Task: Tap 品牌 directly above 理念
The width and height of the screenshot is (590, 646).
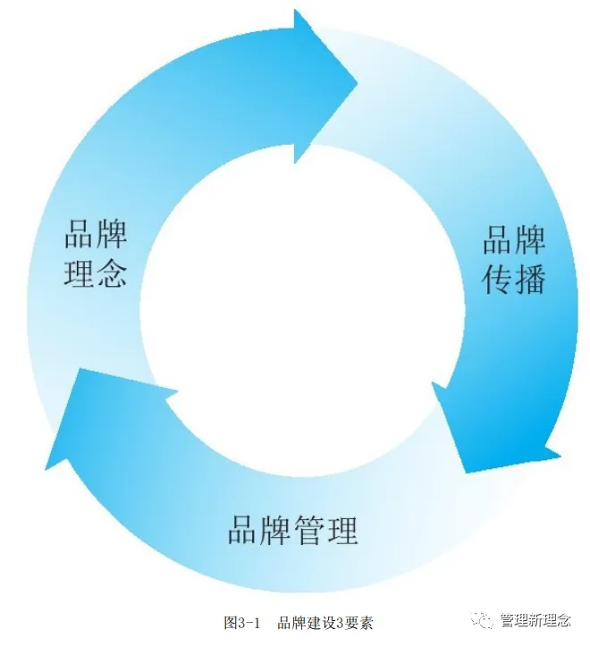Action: [x=96, y=236]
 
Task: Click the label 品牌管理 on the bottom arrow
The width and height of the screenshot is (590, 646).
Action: [x=292, y=531]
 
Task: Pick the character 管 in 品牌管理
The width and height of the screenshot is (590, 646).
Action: [x=309, y=531]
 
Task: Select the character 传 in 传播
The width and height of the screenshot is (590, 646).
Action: [x=498, y=280]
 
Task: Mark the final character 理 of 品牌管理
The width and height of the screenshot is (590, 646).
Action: [x=342, y=531]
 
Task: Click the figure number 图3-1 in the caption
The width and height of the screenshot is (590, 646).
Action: [x=241, y=623]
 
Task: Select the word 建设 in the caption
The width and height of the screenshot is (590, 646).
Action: [x=315, y=623]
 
